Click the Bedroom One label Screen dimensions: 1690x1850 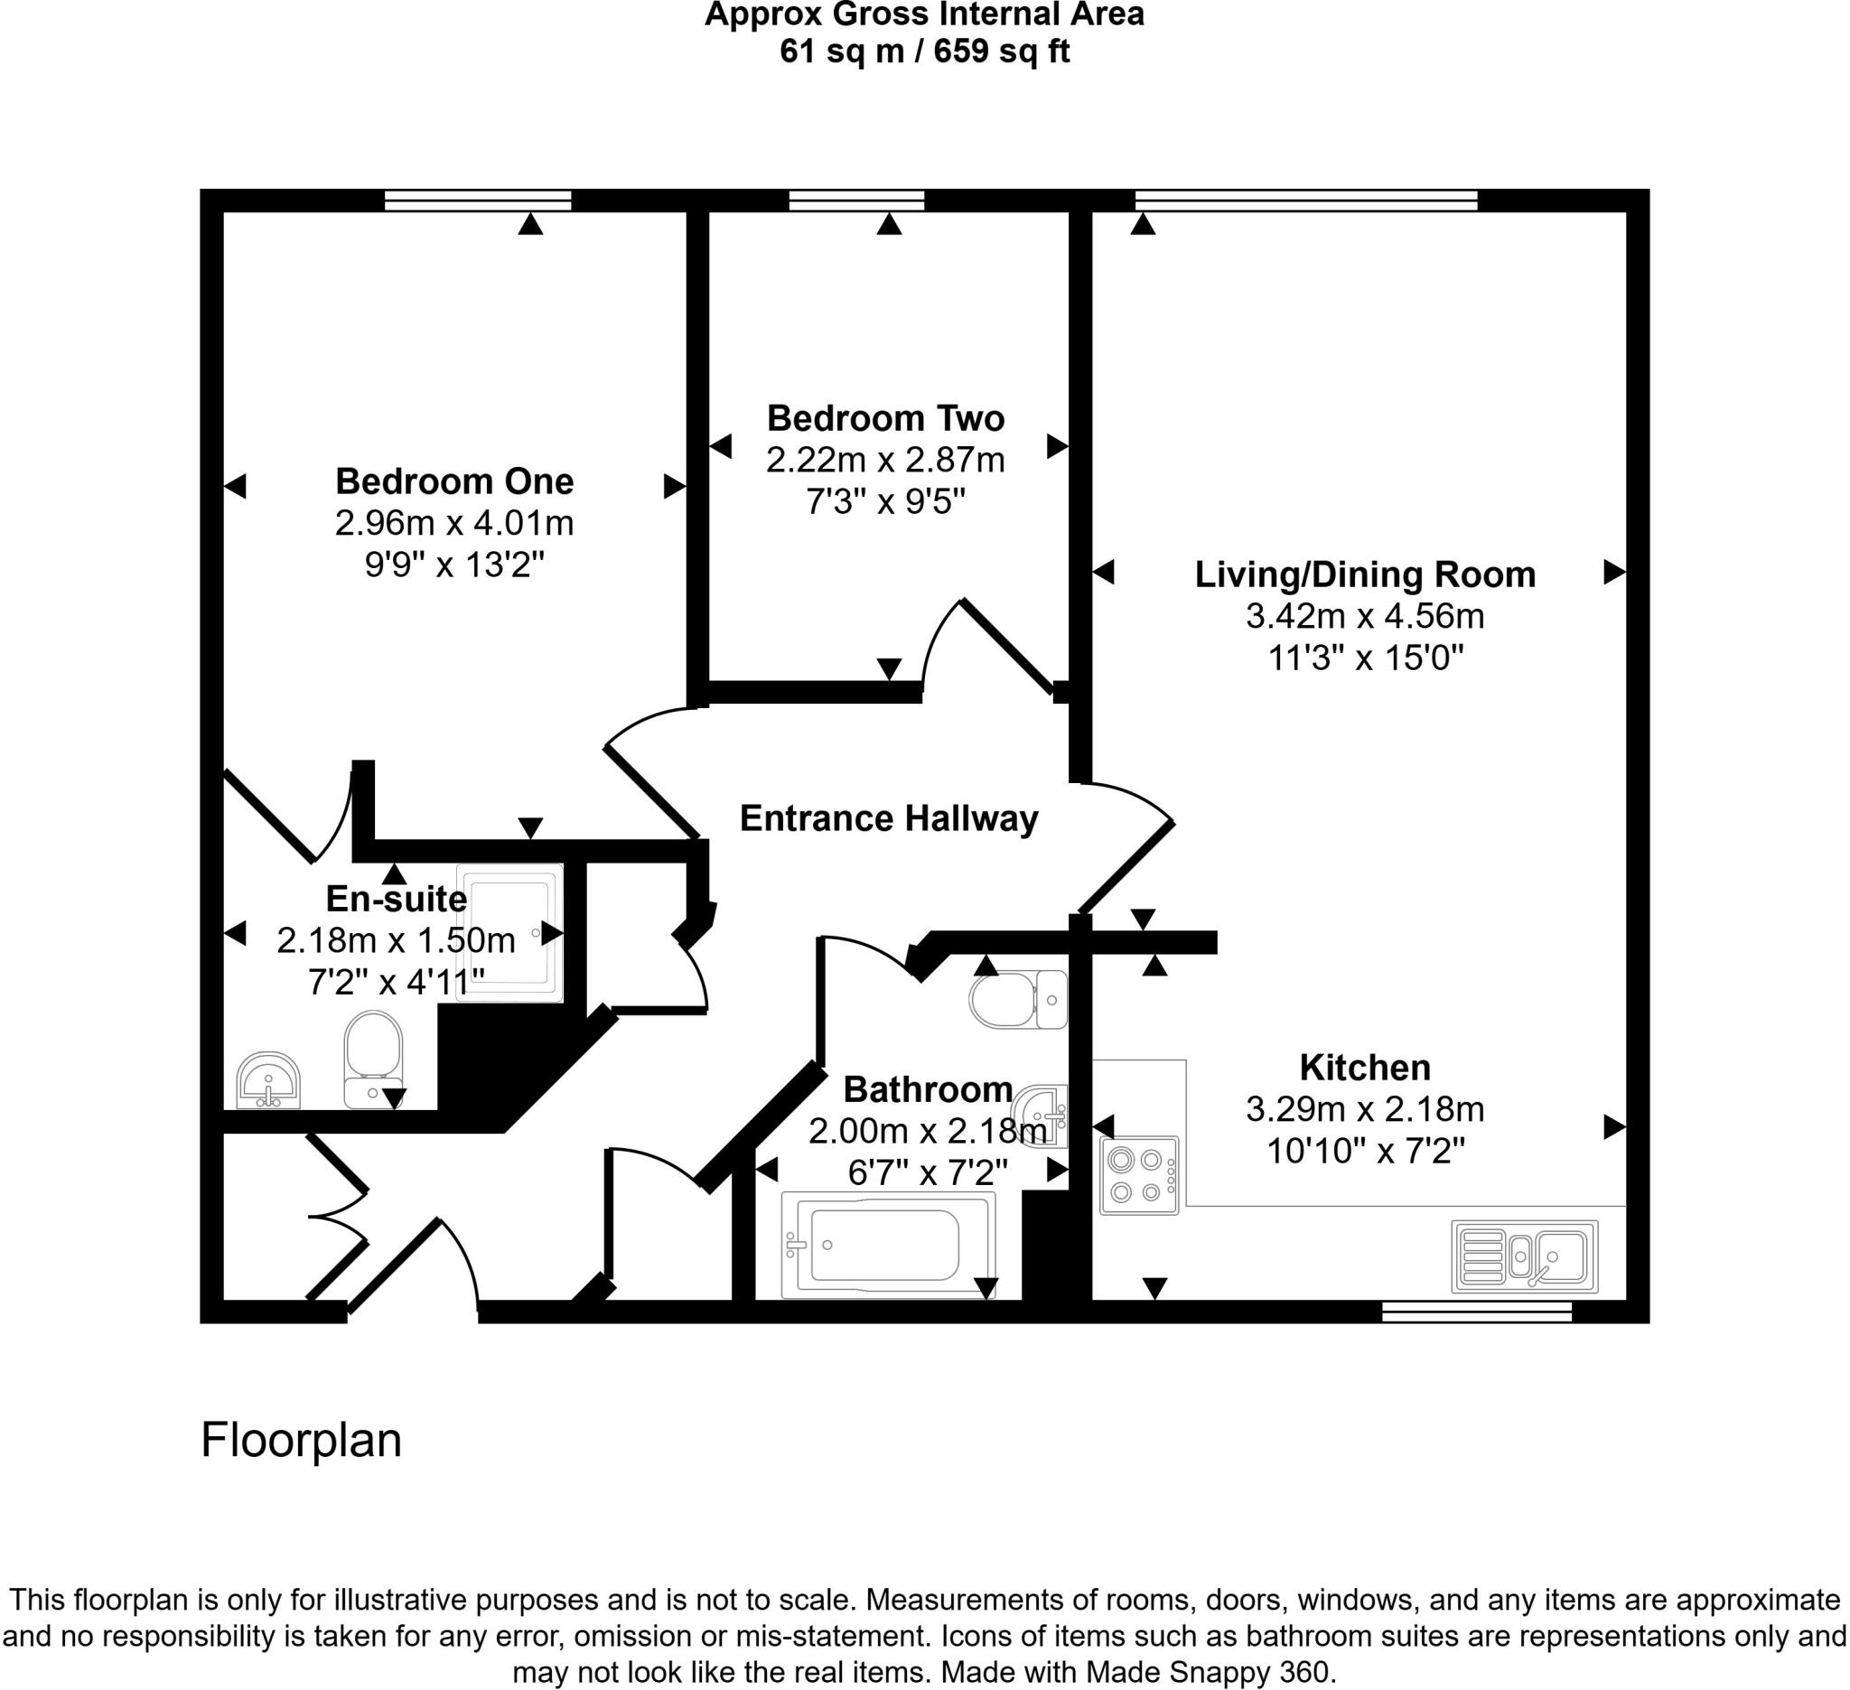(454, 481)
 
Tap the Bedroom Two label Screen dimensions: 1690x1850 (885, 418)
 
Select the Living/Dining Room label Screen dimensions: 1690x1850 (1365, 574)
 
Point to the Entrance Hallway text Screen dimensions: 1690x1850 (888, 818)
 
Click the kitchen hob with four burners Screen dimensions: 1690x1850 (1139, 1176)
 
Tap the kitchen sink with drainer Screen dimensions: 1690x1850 (1524, 1256)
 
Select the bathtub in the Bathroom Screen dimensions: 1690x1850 (887, 1245)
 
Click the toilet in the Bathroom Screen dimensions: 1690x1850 (1017, 1000)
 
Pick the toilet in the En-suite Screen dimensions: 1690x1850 (372, 1058)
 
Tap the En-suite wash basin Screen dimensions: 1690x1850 (268, 1080)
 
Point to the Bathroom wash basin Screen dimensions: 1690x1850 (1042, 1116)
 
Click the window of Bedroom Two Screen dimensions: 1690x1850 (856, 200)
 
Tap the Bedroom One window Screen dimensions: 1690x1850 (477, 200)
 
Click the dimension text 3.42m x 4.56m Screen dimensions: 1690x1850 (1365, 616)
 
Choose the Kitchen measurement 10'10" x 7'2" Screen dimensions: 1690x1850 (1365, 1151)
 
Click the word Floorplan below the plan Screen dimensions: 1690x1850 (301, 1441)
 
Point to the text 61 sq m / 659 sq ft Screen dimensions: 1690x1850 (924, 51)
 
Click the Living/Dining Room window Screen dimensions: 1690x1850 (1306, 200)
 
